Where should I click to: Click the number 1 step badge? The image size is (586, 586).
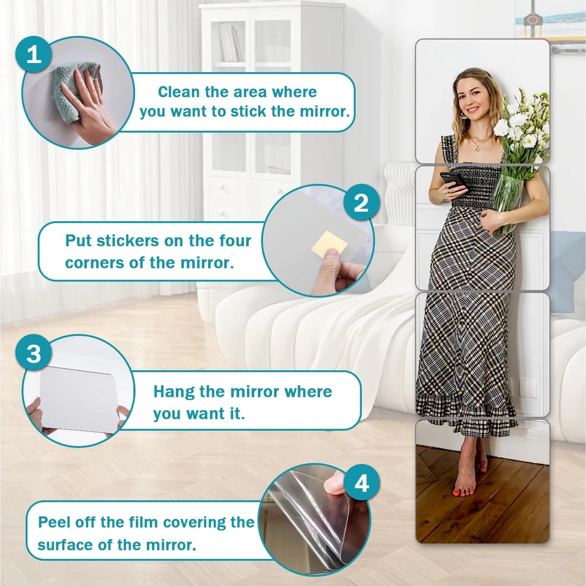[34, 54]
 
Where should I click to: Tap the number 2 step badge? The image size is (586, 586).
[361, 203]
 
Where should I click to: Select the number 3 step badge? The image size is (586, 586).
[34, 353]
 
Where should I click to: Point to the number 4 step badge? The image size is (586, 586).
[361, 483]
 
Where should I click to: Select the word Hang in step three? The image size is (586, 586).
[174, 392]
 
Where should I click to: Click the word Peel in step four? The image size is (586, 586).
[55, 522]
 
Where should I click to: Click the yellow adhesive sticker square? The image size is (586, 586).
[329, 243]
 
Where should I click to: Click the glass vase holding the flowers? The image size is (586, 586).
[507, 204]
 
